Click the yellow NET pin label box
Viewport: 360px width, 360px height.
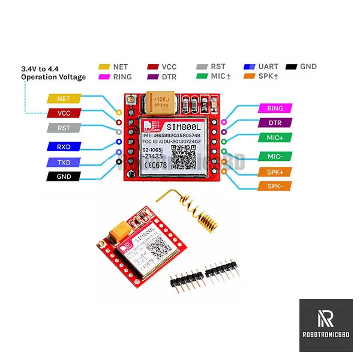[63, 98]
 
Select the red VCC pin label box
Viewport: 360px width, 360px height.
[63, 113]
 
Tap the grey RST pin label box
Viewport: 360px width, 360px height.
[63, 128]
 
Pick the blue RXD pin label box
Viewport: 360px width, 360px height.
[63, 146]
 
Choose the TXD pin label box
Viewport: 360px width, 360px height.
[63, 162]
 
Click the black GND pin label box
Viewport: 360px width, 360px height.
[63, 177]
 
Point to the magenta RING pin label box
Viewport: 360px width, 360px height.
[275, 109]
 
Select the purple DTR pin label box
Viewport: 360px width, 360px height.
[275, 123]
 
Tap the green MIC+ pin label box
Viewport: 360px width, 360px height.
[275, 138]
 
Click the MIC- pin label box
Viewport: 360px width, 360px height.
[275, 157]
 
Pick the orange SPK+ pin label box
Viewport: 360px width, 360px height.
[275, 172]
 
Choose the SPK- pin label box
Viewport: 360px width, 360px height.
[275, 187]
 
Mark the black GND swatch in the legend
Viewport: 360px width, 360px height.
[292, 67]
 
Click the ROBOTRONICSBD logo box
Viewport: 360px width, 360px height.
[325, 325]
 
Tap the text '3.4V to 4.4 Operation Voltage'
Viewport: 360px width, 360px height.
[53, 73]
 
